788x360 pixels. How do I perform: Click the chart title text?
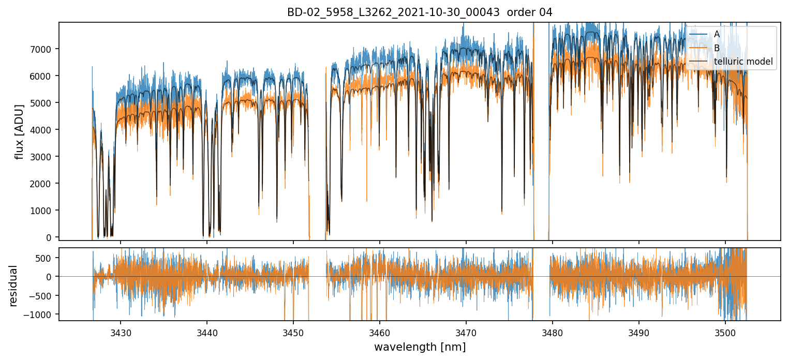pos(420,12)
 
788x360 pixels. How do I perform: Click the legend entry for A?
pos(717,34)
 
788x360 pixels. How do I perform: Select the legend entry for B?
pos(717,48)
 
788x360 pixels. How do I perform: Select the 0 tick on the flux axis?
pos(49,237)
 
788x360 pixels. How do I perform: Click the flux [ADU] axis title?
pos(20,131)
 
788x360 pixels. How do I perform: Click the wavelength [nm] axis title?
pos(420,347)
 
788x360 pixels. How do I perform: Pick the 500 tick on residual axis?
pos(46,258)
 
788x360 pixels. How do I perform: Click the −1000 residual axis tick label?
pos(41,314)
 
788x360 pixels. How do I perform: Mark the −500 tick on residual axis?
pos(43,296)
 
